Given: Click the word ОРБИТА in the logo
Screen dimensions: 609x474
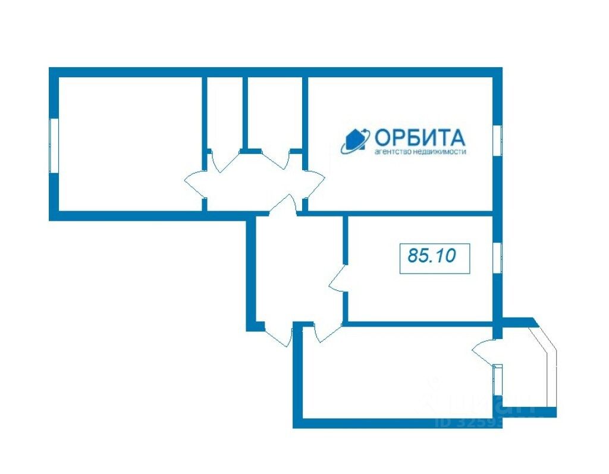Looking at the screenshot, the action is pyautogui.click(x=419, y=138).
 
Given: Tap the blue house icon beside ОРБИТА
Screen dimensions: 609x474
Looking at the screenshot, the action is pyautogui.click(x=355, y=141).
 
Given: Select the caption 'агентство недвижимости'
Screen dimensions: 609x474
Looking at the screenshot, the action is pyautogui.click(x=420, y=152).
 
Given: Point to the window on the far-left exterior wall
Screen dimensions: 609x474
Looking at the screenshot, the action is pyautogui.click(x=54, y=145).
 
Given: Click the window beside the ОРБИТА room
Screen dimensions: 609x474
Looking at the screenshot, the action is pyautogui.click(x=498, y=141).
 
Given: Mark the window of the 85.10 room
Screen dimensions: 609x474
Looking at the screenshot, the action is pyautogui.click(x=498, y=257).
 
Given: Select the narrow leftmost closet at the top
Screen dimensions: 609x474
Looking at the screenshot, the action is pyautogui.click(x=224, y=113).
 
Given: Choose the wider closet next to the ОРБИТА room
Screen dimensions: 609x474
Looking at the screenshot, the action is pyautogui.click(x=274, y=113).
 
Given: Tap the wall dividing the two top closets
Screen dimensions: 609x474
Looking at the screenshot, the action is pyautogui.click(x=244, y=113).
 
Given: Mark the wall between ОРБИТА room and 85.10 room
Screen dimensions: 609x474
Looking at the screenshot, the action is pyautogui.click(x=416, y=214).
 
